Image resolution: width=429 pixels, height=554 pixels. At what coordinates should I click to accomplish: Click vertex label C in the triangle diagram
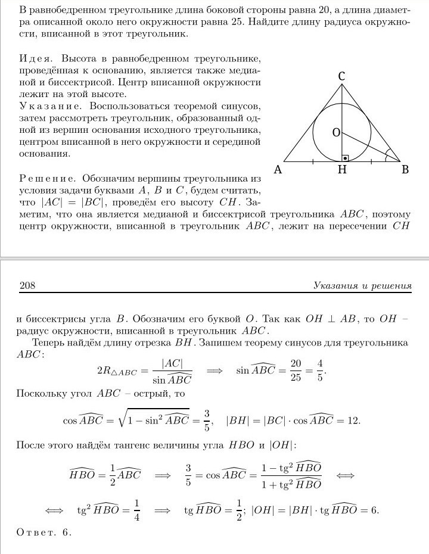click(x=342, y=76)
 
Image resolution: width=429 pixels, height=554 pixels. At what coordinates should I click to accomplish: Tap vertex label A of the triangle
click(x=277, y=170)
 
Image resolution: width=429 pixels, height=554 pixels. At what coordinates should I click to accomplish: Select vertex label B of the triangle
click(x=405, y=170)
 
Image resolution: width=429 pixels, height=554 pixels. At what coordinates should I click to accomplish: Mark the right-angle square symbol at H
click(x=345, y=158)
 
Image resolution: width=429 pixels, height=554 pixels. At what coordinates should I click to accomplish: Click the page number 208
click(x=27, y=286)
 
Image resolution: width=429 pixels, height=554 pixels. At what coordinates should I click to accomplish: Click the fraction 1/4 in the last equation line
click(x=136, y=511)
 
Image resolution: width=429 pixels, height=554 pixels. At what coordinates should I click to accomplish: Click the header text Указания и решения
click(x=362, y=286)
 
